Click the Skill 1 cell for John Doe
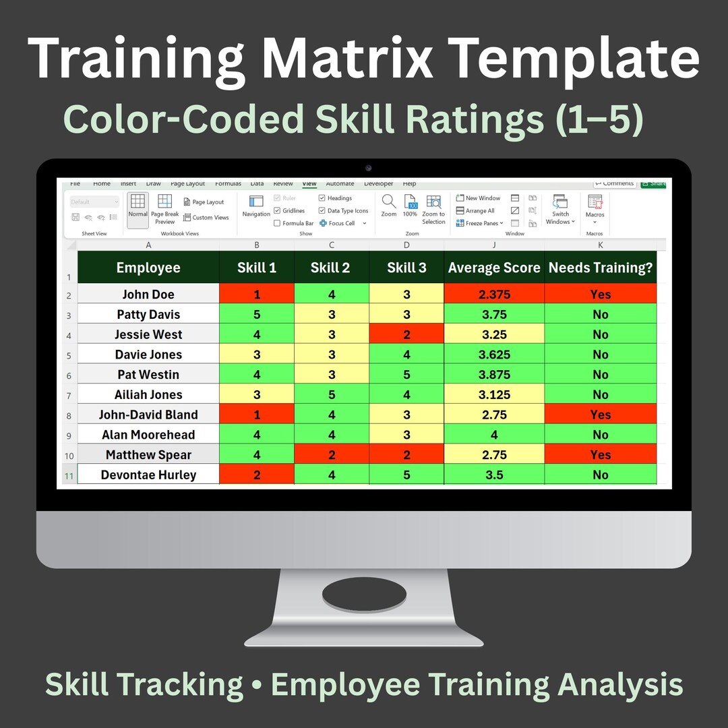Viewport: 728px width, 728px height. pos(257,294)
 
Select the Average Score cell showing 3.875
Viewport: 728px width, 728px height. pos(494,374)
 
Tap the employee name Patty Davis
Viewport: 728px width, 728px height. pos(148,314)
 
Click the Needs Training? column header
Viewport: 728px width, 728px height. pos(600,268)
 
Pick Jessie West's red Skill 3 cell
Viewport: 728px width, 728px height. pos(406,334)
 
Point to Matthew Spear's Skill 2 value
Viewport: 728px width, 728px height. pos(331,454)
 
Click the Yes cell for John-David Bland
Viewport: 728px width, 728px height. pos(600,415)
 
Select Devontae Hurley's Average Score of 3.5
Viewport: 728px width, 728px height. pos(494,475)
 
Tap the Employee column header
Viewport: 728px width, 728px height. pos(148,268)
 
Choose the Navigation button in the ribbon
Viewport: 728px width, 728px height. pos(256,206)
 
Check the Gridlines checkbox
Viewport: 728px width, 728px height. pos(277,211)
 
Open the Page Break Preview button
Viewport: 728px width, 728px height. pos(165,208)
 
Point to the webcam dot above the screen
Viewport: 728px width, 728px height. pos(368,168)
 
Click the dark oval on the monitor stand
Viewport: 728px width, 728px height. pos(364,595)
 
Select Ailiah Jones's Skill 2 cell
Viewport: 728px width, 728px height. pos(331,394)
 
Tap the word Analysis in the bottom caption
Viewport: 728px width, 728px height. pos(620,684)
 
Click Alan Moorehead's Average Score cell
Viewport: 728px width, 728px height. pos(494,435)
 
